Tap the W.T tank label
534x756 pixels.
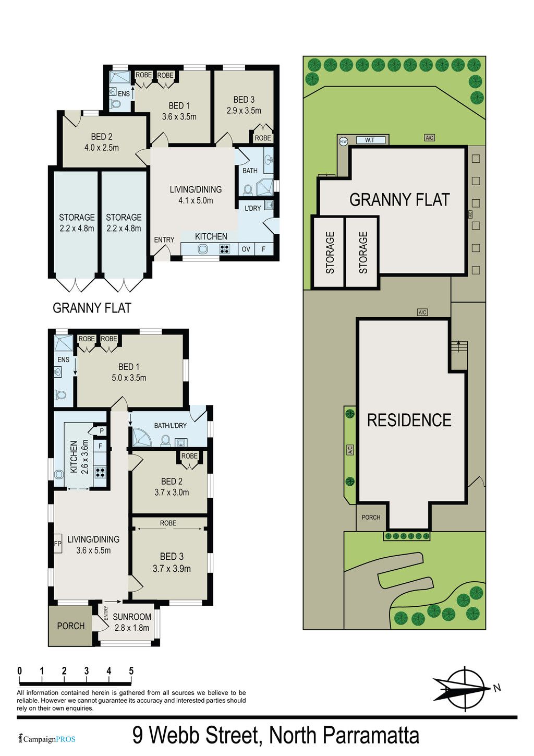click(x=369, y=140)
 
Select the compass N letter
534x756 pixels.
click(x=496, y=688)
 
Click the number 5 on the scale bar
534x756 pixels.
click(x=131, y=670)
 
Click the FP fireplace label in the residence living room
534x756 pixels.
click(x=57, y=544)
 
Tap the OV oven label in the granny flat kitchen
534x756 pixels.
click(x=246, y=249)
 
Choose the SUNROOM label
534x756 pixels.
click(x=131, y=617)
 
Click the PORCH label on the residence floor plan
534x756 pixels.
click(x=71, y=626)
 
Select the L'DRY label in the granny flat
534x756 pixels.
click(x=253, y=208)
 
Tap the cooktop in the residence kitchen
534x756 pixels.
click(x=101, y=472)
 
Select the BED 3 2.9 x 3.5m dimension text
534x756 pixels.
click(x=244, y=111)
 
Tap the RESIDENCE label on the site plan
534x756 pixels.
click(x=409, y=420)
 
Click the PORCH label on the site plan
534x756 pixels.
click(x=371, y=517)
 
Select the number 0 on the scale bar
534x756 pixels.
click(x=20, y=670)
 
